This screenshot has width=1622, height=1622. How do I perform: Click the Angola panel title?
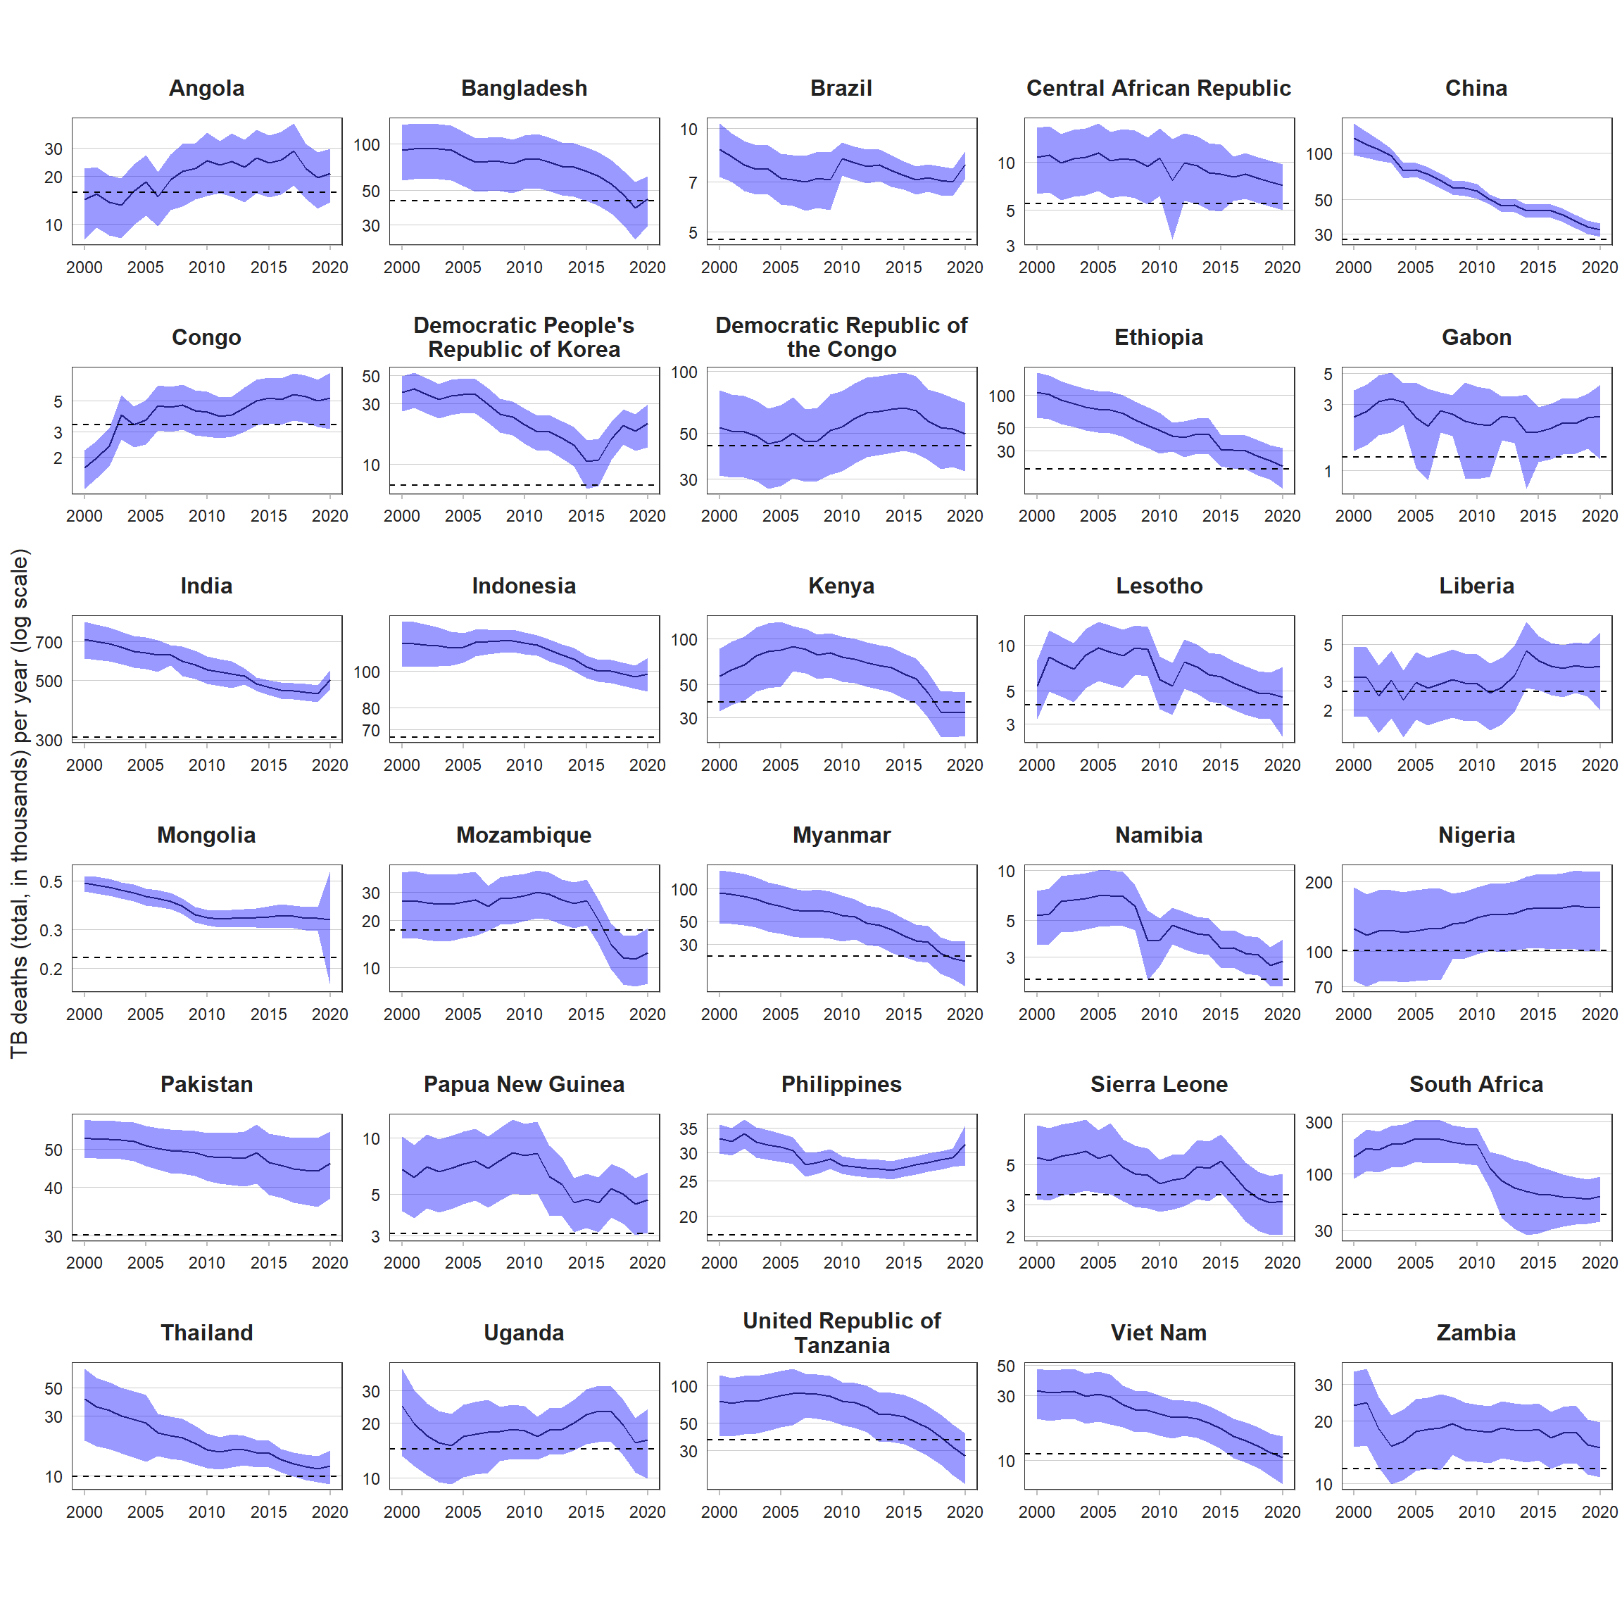(x=206, y=88)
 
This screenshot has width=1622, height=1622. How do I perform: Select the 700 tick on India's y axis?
(x=49, y=642)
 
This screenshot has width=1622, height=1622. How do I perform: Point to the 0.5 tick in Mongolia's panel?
(x=51, y=881)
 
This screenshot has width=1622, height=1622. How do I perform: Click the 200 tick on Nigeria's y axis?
(x=1318, y=882)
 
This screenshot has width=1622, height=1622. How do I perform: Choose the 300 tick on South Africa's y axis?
(x=1318, y=1122)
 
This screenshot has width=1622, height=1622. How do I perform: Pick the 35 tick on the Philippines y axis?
(x=689, y=1129)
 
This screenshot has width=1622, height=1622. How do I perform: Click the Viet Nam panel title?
(x=1159, y=1333)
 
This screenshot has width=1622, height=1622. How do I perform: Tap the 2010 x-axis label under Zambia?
(x=1476, y=1511)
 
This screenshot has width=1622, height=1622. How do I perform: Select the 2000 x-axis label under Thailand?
(x=84, y=1511)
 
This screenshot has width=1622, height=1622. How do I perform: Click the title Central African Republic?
(x=1159, y=88)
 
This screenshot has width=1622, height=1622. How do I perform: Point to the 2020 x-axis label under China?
(x=1599, y=267)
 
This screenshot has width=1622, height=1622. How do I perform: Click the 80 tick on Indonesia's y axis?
(x=370, y=709)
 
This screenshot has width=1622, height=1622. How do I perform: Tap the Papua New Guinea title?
(x=524, y=1084)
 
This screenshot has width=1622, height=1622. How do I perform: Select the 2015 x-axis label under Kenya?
(x=903, y=765)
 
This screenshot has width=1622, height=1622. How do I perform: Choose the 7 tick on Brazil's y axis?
(x=693, y=182)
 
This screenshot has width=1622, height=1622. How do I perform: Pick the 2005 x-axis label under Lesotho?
(x=1098, y=765)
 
